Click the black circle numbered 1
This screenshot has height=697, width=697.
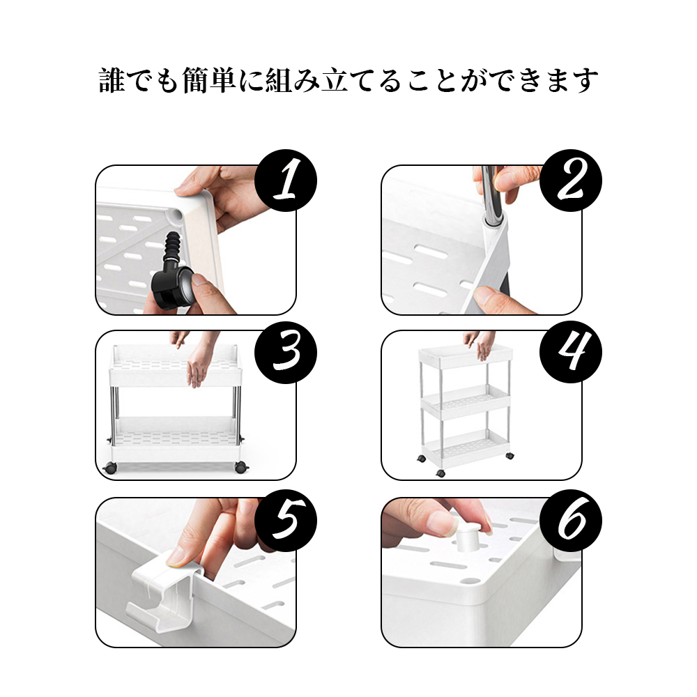[285, 181]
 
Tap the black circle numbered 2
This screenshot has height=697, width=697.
[571, 181]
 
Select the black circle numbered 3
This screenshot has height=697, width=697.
[285, 352]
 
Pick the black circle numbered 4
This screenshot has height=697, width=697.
[571, 352]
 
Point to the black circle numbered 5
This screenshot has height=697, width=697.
[285, 521]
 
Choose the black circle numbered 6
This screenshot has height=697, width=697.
[571, 521]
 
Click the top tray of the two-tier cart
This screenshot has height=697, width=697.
[176, 367]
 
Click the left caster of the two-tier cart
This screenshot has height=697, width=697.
[109, 468]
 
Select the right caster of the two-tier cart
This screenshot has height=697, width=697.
[241, 468]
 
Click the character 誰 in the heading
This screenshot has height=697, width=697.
[112, 80]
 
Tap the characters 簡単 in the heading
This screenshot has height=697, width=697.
[209, 80]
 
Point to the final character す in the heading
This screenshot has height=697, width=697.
[585, 80]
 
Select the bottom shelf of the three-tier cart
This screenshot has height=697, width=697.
[466, 449]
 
